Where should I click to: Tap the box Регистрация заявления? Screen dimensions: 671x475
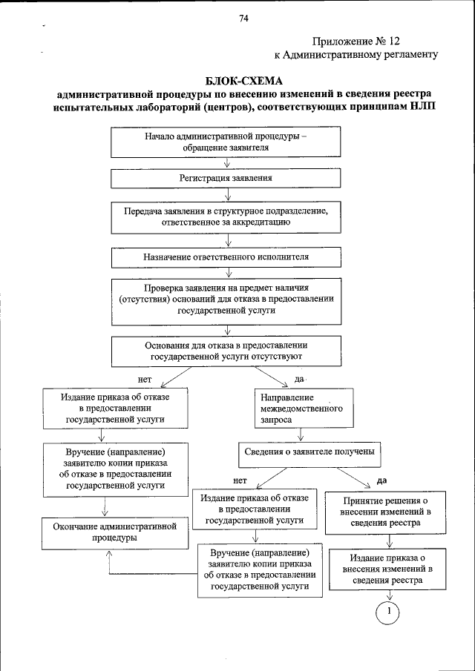pos(226,179)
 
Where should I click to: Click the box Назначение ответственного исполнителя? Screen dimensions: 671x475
pos(226,257)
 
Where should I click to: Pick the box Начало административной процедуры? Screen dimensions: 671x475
pos(227,142)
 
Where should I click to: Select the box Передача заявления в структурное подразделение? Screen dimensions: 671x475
pos(226,216)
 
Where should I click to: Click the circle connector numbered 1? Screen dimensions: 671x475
pos(389,612)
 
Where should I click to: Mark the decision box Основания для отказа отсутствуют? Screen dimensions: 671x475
pos(227,351)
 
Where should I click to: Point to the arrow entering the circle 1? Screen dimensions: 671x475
pos(389,595)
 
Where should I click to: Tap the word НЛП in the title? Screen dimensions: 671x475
pos(419,107)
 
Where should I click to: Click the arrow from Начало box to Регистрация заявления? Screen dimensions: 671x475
pos(226,165)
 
